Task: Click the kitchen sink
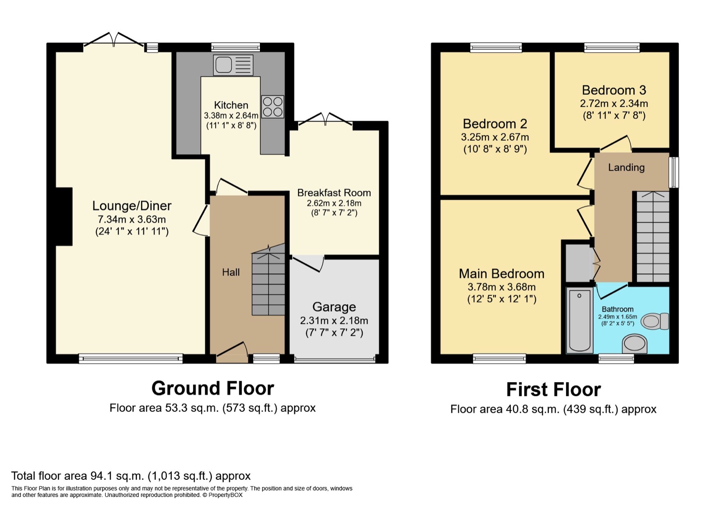(x=233, y=65)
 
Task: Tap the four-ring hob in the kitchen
(x=272, y=107)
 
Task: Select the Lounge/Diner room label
(x=132, y=206)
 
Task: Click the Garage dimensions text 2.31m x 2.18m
(x=334, y=321)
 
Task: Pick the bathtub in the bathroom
(x=579, y=320)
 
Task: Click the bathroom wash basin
(x=634, y=344)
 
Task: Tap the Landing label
(x=626, y=168)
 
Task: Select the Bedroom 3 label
(x=614, y=90)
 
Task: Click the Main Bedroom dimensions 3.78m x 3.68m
(x=501, y=287)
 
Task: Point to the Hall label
(x=231, y=272)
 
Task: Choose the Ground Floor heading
(x=212, y=388)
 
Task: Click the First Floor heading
(x=553, y=389)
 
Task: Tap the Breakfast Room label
(x=334, y=193)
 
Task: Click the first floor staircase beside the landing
(x=653, y=237)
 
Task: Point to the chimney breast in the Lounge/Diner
(x=64, y=216)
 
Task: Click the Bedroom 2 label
(x=495, y=124)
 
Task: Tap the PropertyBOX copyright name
(x=225, y=495)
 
